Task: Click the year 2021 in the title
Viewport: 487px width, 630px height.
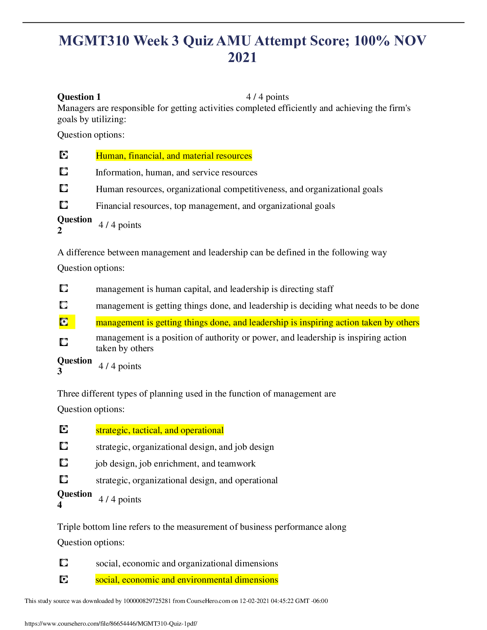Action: [242, 58]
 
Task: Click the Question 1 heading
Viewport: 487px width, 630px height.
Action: [79, 97]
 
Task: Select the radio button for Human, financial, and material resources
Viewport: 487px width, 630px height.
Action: [64, 155]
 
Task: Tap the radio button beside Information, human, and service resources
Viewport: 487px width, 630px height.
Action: [64, 171]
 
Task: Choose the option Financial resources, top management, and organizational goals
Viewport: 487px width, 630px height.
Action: [215, 206]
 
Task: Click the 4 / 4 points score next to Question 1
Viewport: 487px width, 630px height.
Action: [267, 97]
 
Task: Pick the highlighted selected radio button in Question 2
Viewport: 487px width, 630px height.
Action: [64, 322]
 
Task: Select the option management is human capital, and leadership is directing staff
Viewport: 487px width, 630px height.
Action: [214, 289]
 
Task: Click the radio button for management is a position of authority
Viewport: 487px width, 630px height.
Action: [64, 342]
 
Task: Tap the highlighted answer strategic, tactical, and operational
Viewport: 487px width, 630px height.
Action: [160, 430]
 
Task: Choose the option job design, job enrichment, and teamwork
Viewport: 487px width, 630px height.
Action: [175, 463]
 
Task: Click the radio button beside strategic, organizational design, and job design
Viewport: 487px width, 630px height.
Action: [64, 446]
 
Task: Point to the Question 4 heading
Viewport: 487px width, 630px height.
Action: [74, 499]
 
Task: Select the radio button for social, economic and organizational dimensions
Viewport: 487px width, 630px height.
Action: [64, 562]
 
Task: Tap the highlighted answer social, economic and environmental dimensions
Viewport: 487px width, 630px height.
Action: [187, 579]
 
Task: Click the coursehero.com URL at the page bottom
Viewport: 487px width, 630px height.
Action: [111, 624]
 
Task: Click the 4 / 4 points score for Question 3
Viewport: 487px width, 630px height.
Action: [120, 366]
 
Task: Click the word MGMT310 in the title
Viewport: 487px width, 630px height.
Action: [94, 41]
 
